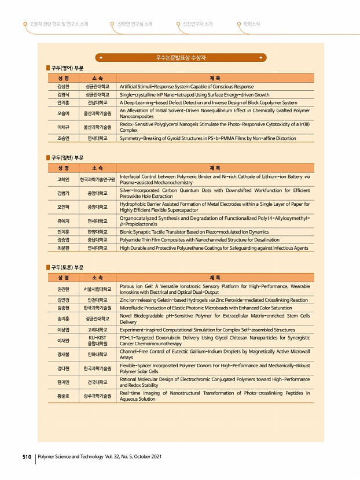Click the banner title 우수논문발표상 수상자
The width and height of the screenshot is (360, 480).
(181, 58)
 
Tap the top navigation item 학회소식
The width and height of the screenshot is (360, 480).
(251, 24)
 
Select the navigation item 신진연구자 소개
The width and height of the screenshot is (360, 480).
(197, 24)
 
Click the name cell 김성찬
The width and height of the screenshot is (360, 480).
(64, 86)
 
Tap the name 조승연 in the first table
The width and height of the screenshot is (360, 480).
(64, 139)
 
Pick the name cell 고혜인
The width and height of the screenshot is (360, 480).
(64, 179)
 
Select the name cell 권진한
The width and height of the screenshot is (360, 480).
(64, 289)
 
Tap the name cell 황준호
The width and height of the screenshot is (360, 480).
(64, 396)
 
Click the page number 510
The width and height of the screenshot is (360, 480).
(27, 457)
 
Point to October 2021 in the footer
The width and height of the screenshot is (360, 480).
(146, 457)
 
